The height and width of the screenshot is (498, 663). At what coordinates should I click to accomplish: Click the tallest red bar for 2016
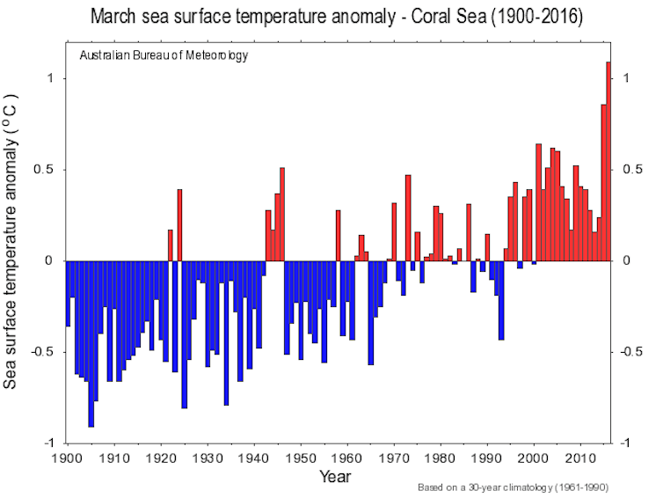[x=608, y=161]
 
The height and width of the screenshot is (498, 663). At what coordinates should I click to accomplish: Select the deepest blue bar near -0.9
[x=91, y=344]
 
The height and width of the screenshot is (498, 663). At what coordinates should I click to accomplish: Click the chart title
[x=337, y=17]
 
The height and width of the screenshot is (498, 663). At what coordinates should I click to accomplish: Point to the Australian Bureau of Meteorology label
[x=164, y=55]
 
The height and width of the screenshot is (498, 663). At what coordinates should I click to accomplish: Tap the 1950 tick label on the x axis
[x=301, y=458]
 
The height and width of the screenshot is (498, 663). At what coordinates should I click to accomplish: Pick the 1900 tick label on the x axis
[x=68, y=458]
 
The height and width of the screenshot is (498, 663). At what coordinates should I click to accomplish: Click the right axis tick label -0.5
[x=631, y=352]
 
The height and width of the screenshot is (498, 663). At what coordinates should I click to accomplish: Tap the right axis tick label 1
[x=626, y=78]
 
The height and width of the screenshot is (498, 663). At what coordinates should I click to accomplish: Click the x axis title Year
[x=335, y=477]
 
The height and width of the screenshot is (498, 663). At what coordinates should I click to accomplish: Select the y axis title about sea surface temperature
[x=10, y=241]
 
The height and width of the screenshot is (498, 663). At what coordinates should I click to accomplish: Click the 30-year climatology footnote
[x=513, y=487]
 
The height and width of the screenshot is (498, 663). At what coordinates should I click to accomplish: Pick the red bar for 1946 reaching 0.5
[x=282, y=215]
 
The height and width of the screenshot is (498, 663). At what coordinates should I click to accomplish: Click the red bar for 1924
[x=179, y=225]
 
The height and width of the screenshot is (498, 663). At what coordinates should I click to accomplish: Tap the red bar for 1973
[x=408, y=218]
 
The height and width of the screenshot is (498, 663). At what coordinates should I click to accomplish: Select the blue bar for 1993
[x=501, y=300]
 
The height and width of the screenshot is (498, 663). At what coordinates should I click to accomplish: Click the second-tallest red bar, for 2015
[x=604, y=183]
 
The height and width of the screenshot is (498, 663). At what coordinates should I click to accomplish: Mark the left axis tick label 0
[x=48, y=260]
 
